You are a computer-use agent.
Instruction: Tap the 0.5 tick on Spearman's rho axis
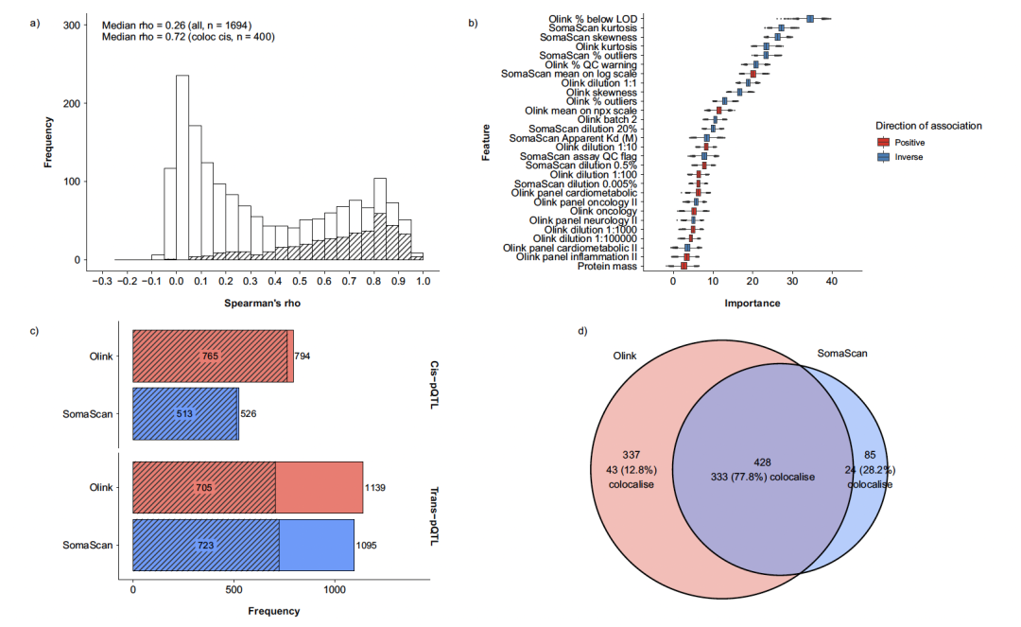click(x=300, y=280)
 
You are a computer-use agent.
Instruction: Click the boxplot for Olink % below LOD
click(x=810, y=19)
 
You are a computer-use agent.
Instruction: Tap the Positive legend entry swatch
click(x=883, y=142)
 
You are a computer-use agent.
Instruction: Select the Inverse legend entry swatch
click(x=883, y=156)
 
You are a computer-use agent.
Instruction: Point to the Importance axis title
click(x=752, y=304)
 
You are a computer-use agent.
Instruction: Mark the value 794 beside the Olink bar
click(x=303, y=357)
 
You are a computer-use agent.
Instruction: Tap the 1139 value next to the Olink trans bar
click(x=375, y=488)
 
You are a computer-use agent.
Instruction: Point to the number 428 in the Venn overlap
click(x=762, y=462)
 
